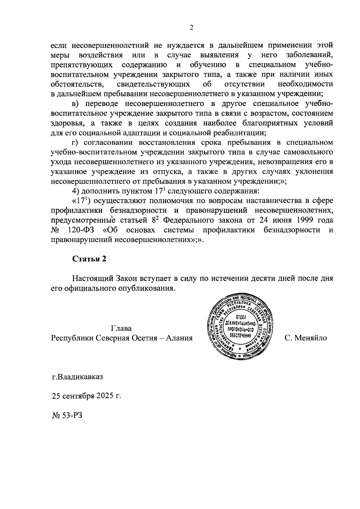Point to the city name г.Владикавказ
[77, 377]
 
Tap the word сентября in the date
[79, 396]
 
